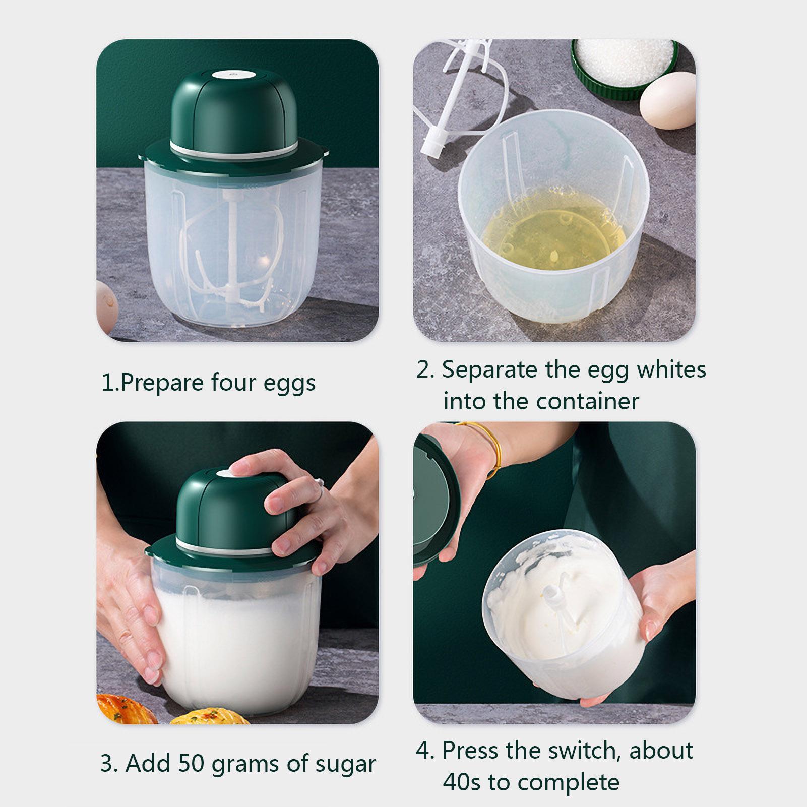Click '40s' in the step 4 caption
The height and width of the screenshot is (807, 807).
pyautogui.click(x=462, y=782)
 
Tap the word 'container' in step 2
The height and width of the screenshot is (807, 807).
pyautogui.click(x=587, y=402)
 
